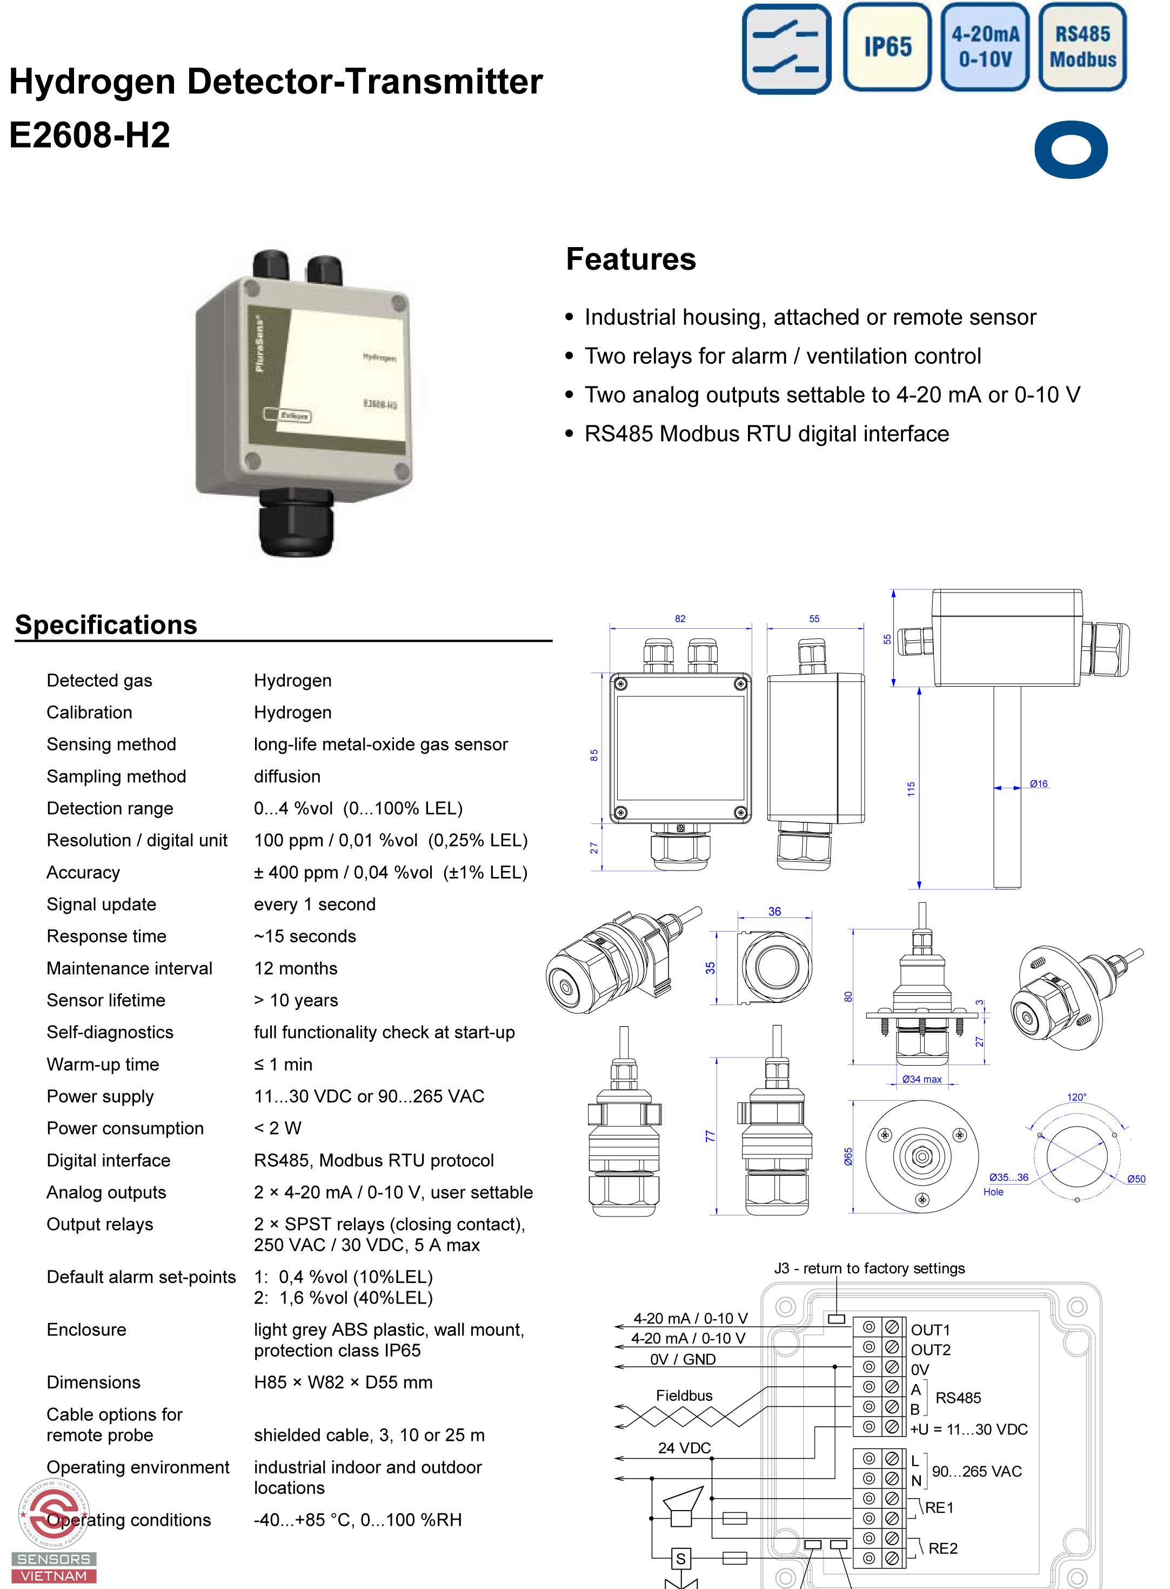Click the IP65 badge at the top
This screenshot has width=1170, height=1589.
(x=887, y=48)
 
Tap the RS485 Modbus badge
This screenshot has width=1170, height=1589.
(x=1082, y=48)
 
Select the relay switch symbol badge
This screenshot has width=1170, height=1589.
(x=786, y=49)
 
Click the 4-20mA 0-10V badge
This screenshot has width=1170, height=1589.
(x=985, y=48)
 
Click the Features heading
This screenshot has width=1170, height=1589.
(x=630, y=260)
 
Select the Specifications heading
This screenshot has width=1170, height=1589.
(x=106, y=625)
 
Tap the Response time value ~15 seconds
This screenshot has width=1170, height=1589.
(x=305, y=936)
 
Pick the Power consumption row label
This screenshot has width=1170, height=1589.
(x=125, y=1128)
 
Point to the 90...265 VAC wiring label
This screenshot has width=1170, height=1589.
(x=977, y=1471)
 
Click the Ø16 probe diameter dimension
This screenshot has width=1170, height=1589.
(x=1038, y=783)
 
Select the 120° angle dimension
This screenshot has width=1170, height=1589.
(x=1077, y=1098)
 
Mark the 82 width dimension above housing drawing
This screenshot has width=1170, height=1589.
(x=680, y=619)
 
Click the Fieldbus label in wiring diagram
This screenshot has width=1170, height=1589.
(x=684, y=1395)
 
